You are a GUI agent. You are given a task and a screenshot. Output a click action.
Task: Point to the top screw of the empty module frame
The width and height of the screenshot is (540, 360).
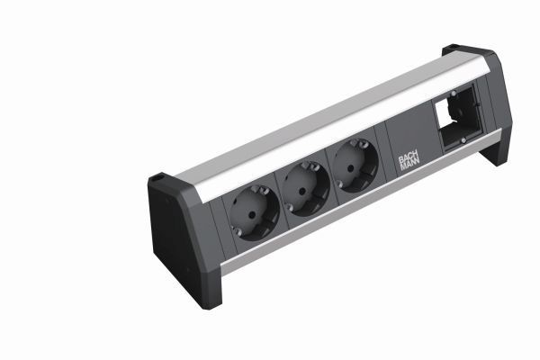click(452, 94)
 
